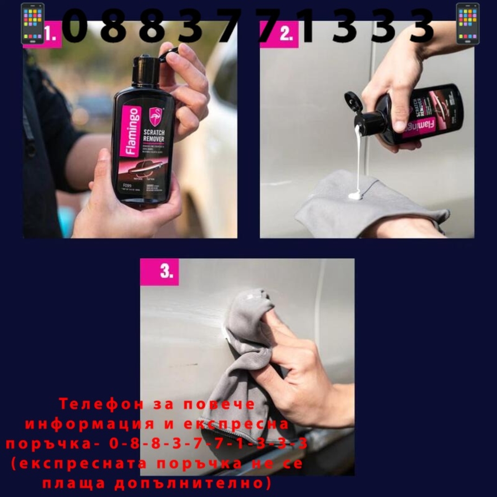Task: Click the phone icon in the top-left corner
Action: (33, 24)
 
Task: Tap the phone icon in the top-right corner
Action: (467, 24)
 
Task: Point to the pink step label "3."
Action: (166, 271)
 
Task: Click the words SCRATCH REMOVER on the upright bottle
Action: (154, 136)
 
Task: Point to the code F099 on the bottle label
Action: (126, 185)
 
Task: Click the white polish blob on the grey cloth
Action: (355, 195)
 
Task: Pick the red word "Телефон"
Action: (101, 404)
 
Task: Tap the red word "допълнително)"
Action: (193, 484)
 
